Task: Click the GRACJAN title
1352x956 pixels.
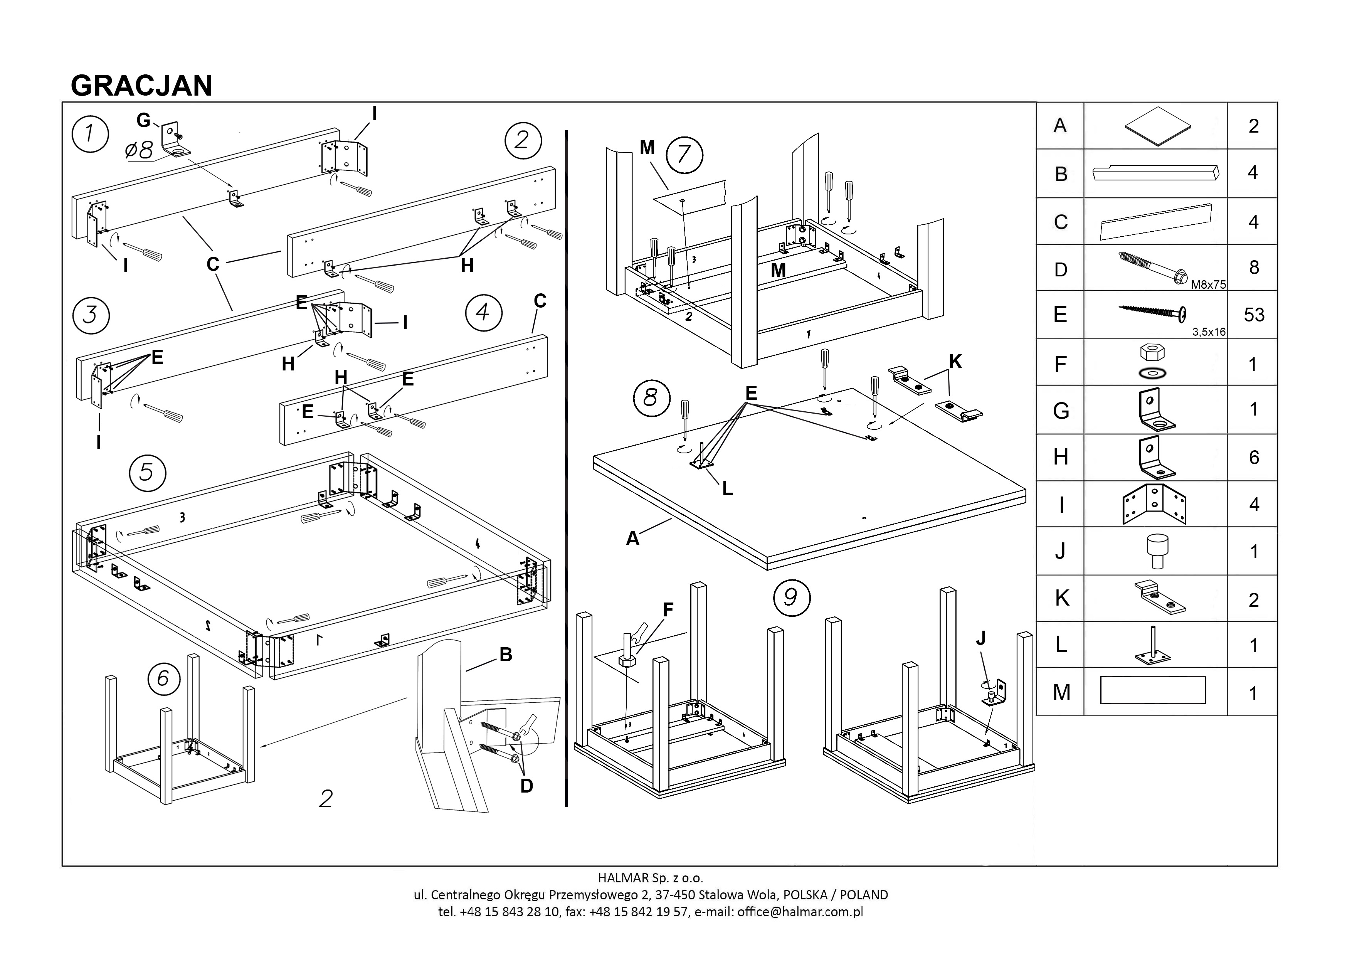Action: tap(141, 86)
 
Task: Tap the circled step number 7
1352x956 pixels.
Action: tap(684, 154)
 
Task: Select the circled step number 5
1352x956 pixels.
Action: tap(147, 472)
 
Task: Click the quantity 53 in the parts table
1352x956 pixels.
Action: tap(1254, 315)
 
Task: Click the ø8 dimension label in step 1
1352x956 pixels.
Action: tap(139, 149)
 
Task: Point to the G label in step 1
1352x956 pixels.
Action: tap(143, 120)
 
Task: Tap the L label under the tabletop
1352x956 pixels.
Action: tap(728, 488)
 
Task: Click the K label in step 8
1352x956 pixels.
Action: tap(955, 362)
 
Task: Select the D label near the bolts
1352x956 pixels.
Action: tap(526, 785)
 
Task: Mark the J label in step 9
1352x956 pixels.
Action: tap(980, 638)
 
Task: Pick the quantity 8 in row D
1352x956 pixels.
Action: tap(1254, 268)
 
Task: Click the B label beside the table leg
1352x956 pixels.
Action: tap(505, 655)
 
